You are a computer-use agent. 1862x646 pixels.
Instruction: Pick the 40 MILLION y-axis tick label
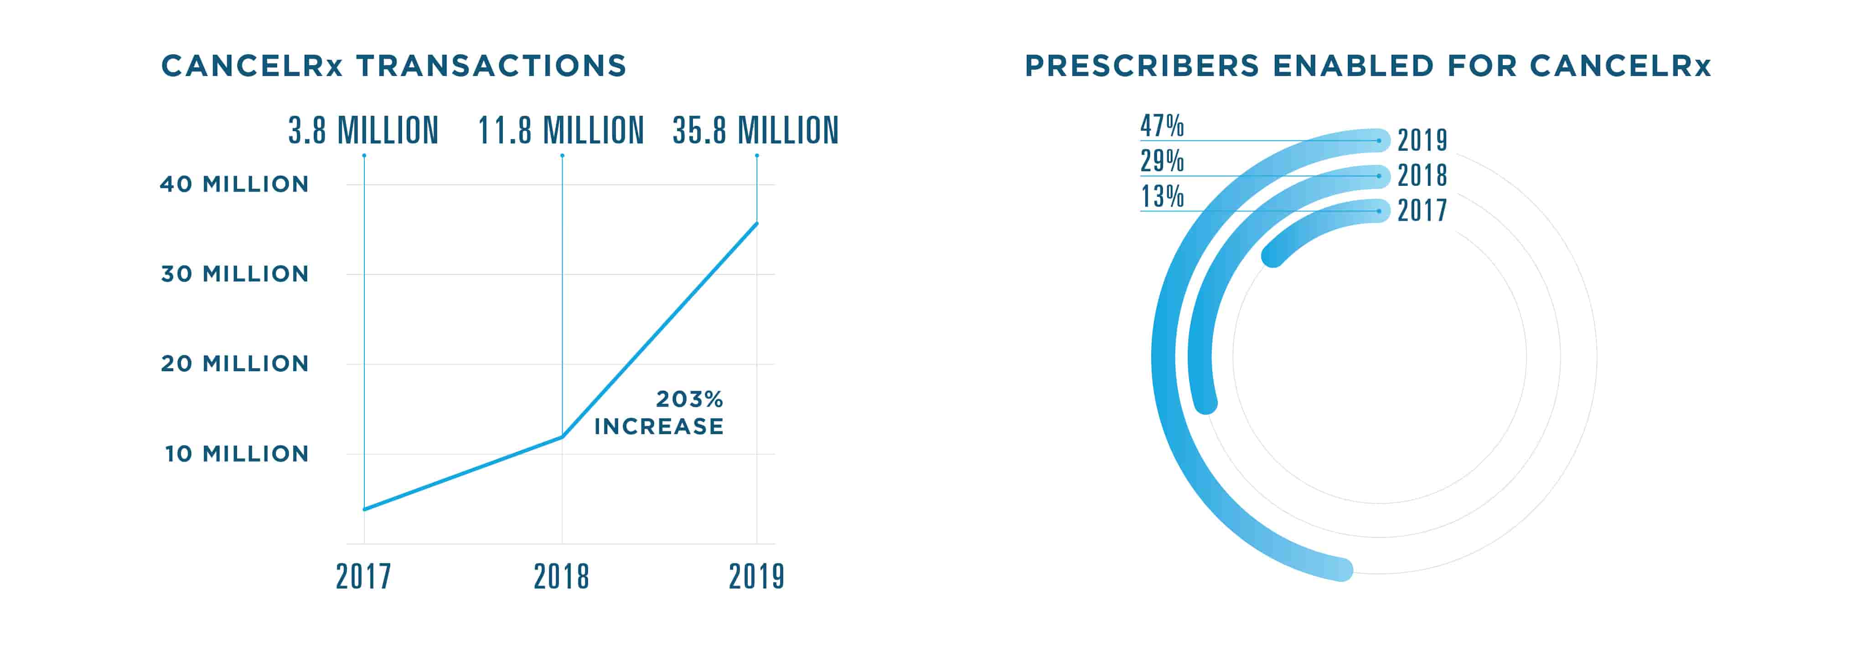click(x=234, y=184)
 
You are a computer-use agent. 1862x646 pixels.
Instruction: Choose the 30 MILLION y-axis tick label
click(x=235, y=274)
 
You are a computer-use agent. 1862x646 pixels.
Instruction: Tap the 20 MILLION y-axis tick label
click(x=235, y=364)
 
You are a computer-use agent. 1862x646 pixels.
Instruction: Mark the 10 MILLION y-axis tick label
click(x=236, y=454)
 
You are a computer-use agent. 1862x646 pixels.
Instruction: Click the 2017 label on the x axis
click(x=363, y=577)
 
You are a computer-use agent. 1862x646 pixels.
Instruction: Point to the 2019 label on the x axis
click(x=756, y=577)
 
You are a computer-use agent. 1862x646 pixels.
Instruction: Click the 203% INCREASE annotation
click(x=659, y=413)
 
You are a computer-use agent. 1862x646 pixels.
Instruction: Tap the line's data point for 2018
click(x=562, y=436)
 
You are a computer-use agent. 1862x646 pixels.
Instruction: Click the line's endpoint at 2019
click(x=757, y=223)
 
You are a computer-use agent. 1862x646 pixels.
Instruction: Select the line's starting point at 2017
click(x=364, y=509)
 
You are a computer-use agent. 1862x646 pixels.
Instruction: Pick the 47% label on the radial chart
click(x=1162, y=126)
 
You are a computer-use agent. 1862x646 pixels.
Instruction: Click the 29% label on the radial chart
click(x=1162, y=160)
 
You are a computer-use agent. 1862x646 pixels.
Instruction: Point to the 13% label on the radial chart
click(x=1162, y=196)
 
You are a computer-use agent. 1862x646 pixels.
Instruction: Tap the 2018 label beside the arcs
click(x=1422, y=175)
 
